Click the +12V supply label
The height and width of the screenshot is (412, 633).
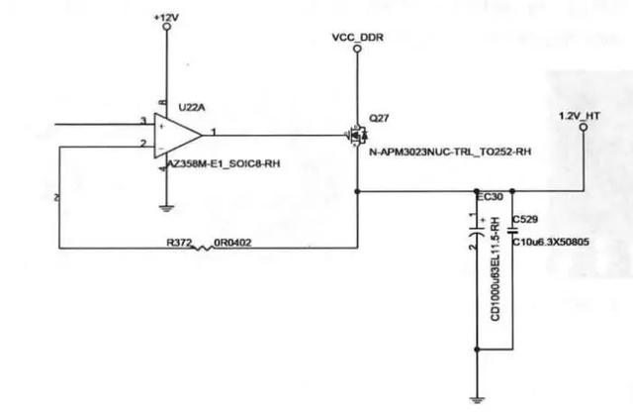coord(166,17)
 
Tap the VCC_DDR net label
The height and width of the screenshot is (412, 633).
coord(356,36)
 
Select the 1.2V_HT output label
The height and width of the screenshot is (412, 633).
coord(581,116)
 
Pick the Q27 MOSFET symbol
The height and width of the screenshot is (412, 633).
coord(354,136)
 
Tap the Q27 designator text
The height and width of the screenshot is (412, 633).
coord(378,117)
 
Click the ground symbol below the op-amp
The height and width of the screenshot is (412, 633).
coord(165,207)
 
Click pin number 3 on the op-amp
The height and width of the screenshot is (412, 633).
coord(144,121)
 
